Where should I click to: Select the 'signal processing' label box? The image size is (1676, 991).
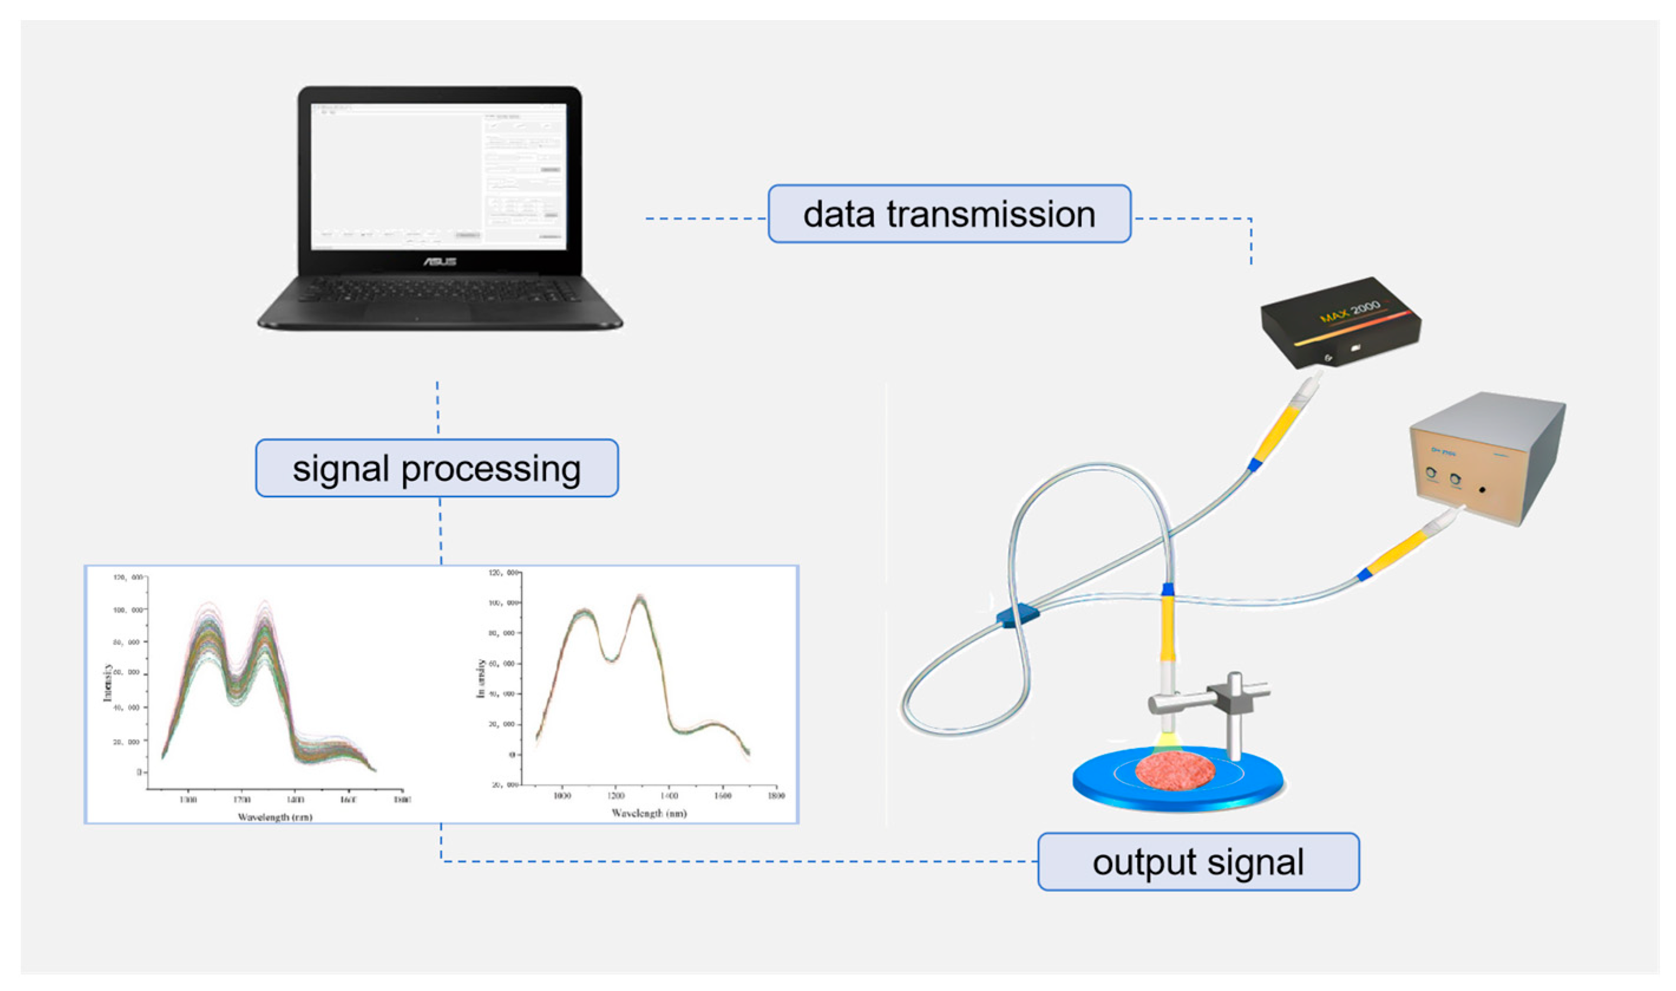tap(437, 468)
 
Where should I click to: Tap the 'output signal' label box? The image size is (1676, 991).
tap(1198, 861)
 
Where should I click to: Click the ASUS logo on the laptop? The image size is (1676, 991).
tap(440, 261)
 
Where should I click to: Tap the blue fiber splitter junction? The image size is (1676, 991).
tap(1018, 615)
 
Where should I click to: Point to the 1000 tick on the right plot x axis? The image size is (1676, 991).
tap(562, 795)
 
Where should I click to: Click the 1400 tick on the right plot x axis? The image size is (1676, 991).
tap(669, 795)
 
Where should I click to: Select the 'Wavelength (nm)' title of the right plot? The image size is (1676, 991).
tap(649, 813)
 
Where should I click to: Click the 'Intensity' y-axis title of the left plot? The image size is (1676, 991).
tap(107, 682)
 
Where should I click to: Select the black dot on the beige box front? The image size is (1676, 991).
tap(1482, 490)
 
